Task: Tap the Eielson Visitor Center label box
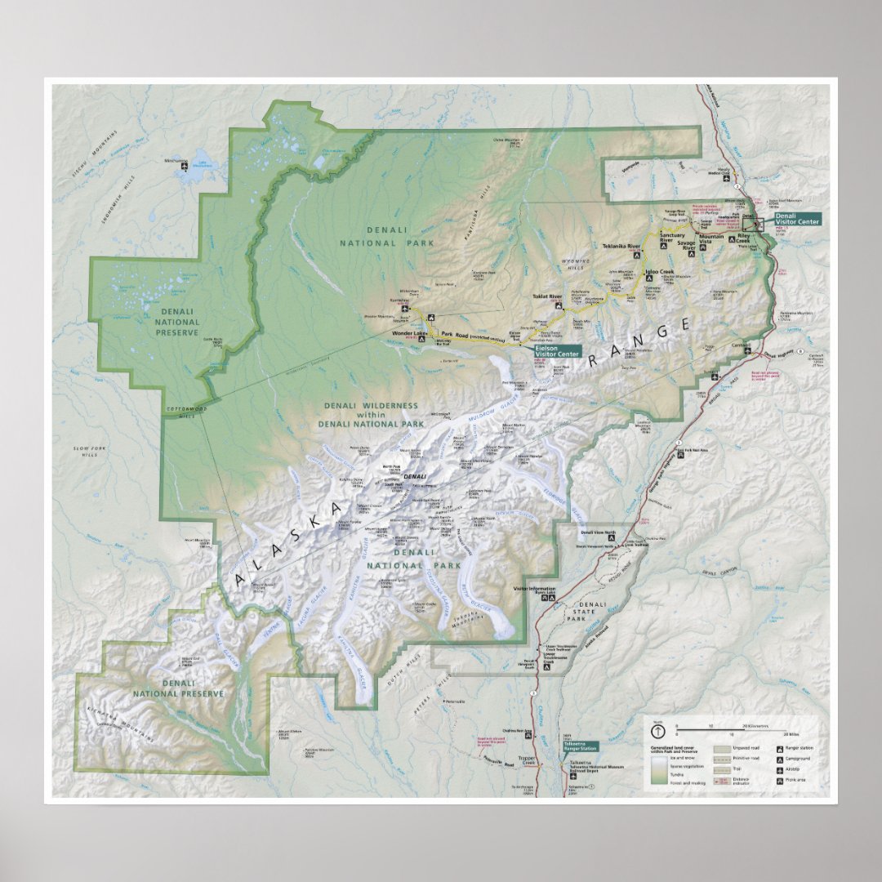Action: coord(557,350)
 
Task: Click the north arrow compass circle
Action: coord(657,732)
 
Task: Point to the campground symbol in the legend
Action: coord(779,759)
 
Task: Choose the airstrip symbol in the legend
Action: coord(779,769)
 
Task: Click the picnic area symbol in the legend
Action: coord(779,781)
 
